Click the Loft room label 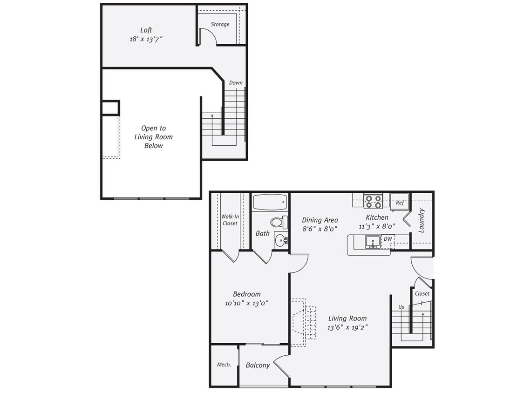pyautogui.click(x=146, y=30)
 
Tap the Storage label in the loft pyautogui.click(x=220, y=24)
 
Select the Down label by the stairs pyautogui.click(x=236, y=82)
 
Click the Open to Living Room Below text pyautogui.click(x=153, y=137)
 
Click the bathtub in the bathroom pyautogui.click(x=270, y=202)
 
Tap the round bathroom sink pyautogui.click(x=280, y=240)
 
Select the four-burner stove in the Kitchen pyautogui.click(x=373, y=201)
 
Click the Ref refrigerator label pyautogui.click(x=399, y=203)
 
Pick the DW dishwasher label pyautogui.click(x=388, y=239)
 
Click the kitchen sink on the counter pyautogui.click(x=372, y=242)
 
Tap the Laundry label pyautogui.click(x=421, y=220)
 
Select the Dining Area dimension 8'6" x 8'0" pyautogui.click(x=320, y=229)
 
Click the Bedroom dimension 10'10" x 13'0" pyautogui.click(x=246, y=303)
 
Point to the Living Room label pyautogui.click(x=347, y=318)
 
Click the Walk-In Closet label pyautogui.click(x=229, y=220)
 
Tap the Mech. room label pyautogui.click(x=224, y=365)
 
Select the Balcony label pyautogui.click(x=258, y=366)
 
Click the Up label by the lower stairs pyautogui.click(x=401, y=307)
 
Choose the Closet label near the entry pyautogui.click(x=422, y=294)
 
